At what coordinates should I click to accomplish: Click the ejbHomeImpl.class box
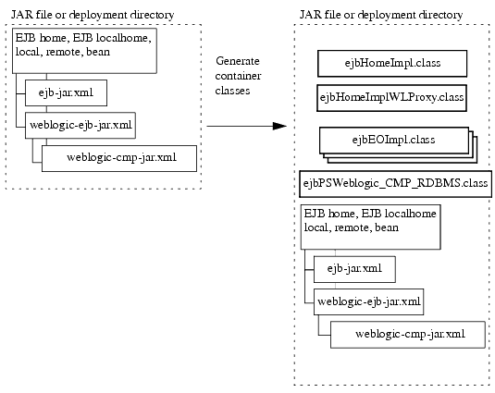[391, 64]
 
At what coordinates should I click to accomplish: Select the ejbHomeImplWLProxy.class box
[391, 97]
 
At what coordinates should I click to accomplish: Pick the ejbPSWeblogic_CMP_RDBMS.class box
[395, 183]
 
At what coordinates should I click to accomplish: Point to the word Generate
[237, 60]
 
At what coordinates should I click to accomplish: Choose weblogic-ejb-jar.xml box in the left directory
[82, 125]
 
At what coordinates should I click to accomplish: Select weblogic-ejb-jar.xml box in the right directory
[370, 301]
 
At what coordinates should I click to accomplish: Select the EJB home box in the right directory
[368, 226]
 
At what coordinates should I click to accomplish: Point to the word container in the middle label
[236, 75]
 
